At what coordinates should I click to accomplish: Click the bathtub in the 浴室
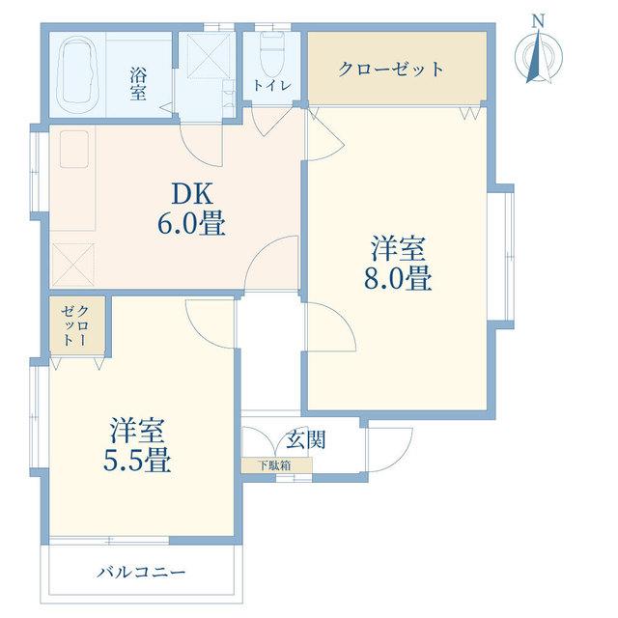click(x=78, y=75)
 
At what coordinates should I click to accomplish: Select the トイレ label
click(x=272, y=86)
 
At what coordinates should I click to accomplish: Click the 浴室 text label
click(x=138, y=84)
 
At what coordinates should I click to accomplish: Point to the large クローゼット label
click(x=390, y=70)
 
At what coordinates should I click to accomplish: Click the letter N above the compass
click(x=538, y=20)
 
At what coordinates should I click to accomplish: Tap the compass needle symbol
click(x=539, y=56)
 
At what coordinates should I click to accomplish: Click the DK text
click(x=192, y=193)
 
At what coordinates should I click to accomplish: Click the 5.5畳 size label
click(x=137, y=461)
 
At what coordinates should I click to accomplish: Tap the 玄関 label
click(x=306, y=439)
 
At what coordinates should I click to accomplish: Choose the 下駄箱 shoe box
click(x=277, y=465)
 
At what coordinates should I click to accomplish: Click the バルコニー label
click(x=141, y=572)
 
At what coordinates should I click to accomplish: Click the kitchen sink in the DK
click(x=74, y=150)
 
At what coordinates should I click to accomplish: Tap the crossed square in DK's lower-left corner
click(x=73, y=265)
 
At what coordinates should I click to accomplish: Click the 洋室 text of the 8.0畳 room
click(x=398, y=248)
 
